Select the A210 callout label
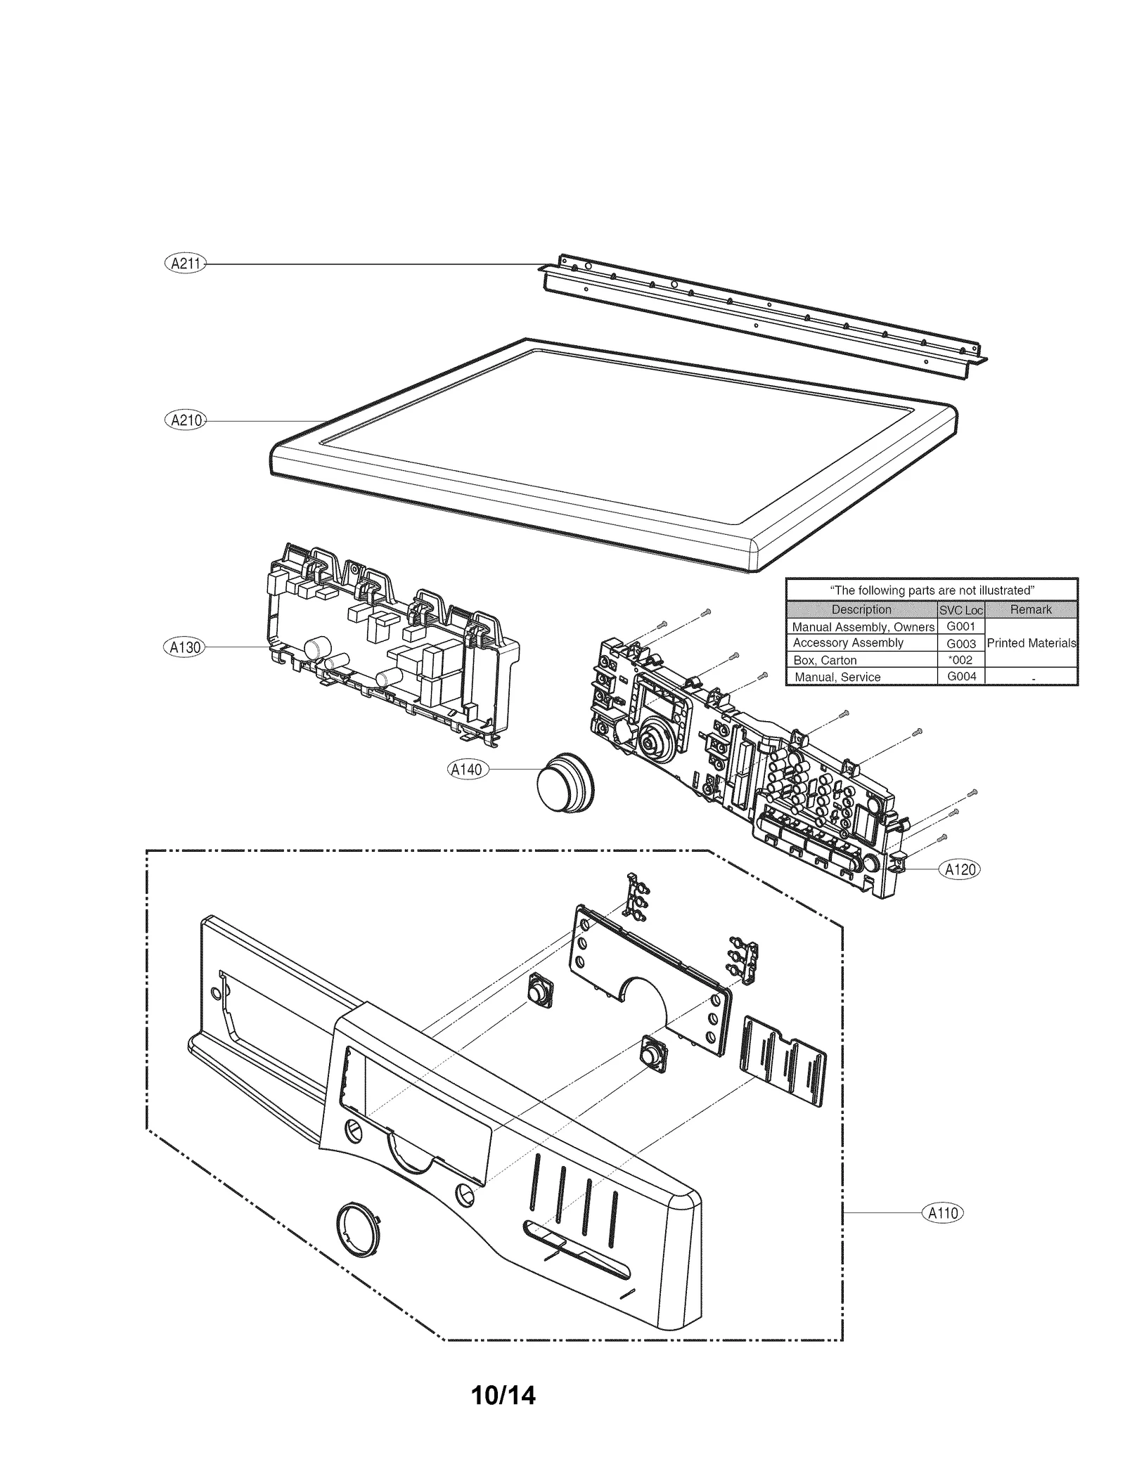[185, 420]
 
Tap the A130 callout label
[185, 647]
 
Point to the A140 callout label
[467, 770]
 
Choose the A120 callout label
[960, 869]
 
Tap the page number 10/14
[503, 1394]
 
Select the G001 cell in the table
[960, 626]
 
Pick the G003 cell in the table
[960, 643]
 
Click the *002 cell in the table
[960, 660]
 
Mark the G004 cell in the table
[960, 676]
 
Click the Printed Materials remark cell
[1031, 642]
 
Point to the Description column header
[861, 609]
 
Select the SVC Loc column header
[960, 610]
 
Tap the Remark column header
[1031, 609]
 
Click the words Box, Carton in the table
[825, 660]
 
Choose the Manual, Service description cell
[837, 677]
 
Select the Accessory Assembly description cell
[848, 642]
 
